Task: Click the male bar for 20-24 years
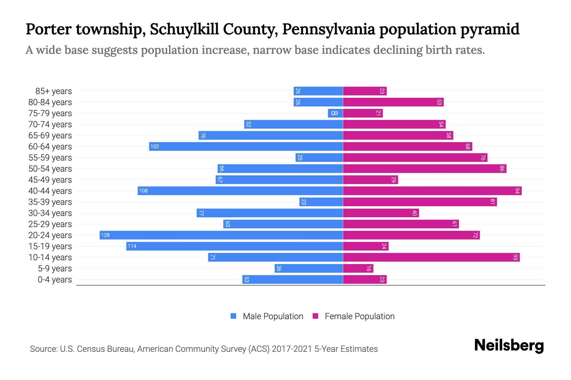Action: point(221,235)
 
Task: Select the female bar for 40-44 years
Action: point(432,191)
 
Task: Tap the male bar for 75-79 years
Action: point(335,113)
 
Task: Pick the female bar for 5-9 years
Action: point(358,268)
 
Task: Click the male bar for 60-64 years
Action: point(246,146)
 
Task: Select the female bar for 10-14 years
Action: point(431,257)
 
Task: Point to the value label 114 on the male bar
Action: point(132,246)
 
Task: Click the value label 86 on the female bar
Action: point(502,168)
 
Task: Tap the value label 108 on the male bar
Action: point(143,191)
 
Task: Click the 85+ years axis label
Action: point(54,91)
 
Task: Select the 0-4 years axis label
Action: point(55,280)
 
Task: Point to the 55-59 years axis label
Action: point(50,158)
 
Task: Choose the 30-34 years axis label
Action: point(50,213)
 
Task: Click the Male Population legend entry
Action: point(272,316)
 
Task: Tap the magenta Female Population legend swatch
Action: point(315,316)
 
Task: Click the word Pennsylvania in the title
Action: point(329,29)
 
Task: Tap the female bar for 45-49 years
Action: point(370,180)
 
